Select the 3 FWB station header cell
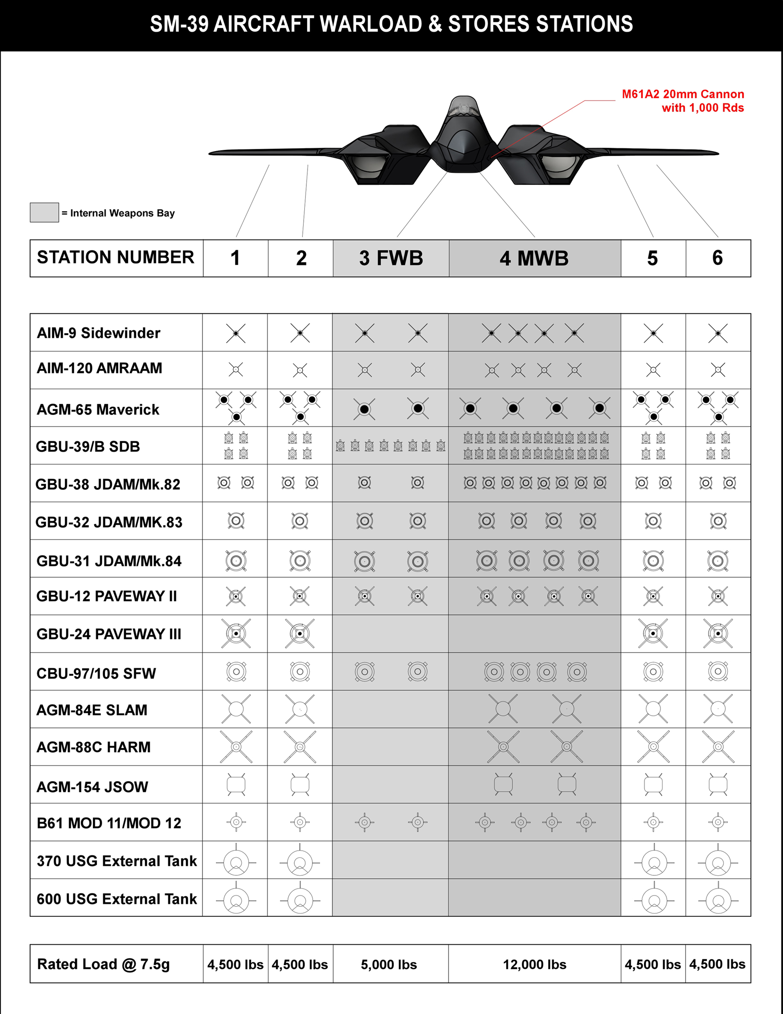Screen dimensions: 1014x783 coord(391,258)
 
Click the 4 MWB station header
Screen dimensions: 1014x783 coord(534,258)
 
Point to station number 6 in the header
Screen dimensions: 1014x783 coord(718,258)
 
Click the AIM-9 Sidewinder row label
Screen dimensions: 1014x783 coord(98,333)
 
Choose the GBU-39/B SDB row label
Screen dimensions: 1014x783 coord(88,446)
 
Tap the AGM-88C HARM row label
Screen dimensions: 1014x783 coord(93,747)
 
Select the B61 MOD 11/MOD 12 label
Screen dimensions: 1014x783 coord(108,823)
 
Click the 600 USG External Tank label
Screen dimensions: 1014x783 coord(117,899)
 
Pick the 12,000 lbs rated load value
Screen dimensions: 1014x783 coord(534,964)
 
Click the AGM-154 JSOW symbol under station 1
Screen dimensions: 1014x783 coord(236,785)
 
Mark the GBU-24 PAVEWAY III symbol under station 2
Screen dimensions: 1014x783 coord(300,633)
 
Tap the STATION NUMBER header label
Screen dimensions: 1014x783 coord(116,257)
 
